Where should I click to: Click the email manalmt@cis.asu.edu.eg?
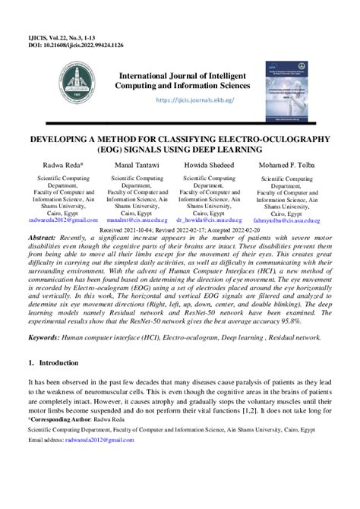click(x=136, y=220)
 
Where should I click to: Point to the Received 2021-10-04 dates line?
click(x=181, y=228)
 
